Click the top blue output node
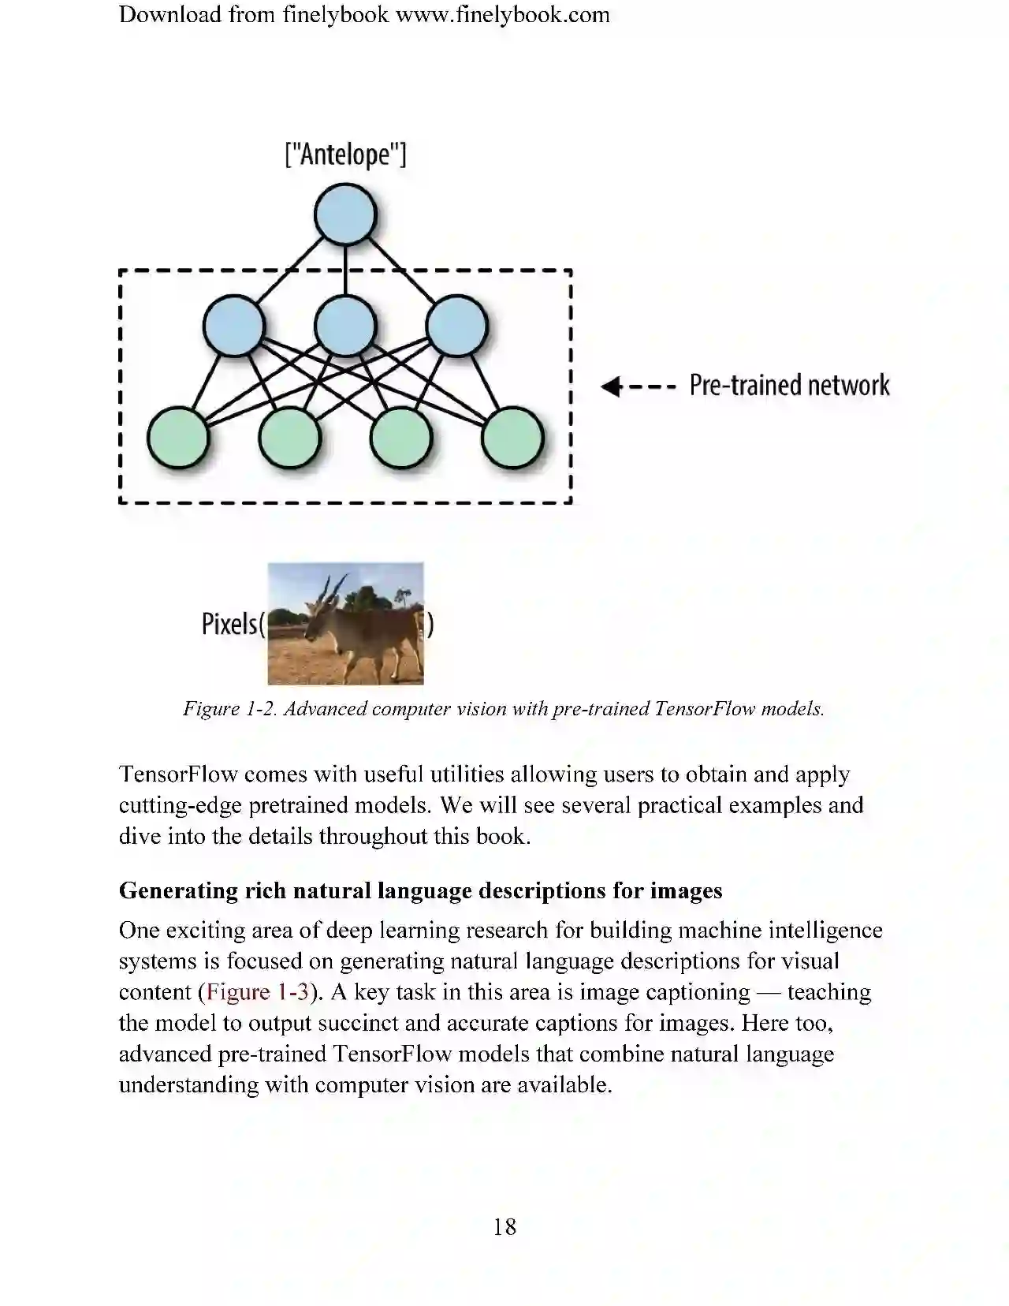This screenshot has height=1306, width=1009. pyautogui.click(x=345, y=215)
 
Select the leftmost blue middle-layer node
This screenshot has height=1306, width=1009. pyautogui.click(x=234, y=325)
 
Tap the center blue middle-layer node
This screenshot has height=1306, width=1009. pyautogui.click(x=345, y=325)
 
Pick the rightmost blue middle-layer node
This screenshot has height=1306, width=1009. pyautogui.click(x=456, y=325)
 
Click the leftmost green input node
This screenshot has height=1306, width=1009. pyautogui.click(x=179, y=438)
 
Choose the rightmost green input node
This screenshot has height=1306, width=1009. pyautogui.click(x=512, y=438)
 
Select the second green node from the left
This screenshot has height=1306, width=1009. pyautogui.click(x=290, y=438)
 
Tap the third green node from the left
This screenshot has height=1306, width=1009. pyautogui.click(x=401, y=438)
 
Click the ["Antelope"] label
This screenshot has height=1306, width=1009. pyautogui.click(x=345, y=154)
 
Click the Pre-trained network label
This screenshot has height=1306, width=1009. pyautogui.click(x=789, y=386)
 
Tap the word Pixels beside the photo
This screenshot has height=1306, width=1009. pyautogui.click(x=229, y=624)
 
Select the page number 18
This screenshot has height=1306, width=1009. pyautogui.click(x=504, y=1226)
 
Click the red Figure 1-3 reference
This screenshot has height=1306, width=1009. pyautogui.click(x=257, y=991)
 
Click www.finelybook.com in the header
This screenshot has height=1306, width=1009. pyautogui.click(x=502, y=15)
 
